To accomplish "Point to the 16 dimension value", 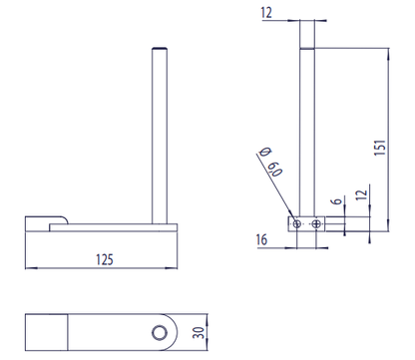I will (262, 240).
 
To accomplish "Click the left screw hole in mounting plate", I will (296, 224).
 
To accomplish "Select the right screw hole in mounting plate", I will (316, 224).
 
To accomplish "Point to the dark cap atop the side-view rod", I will (157, 47).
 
